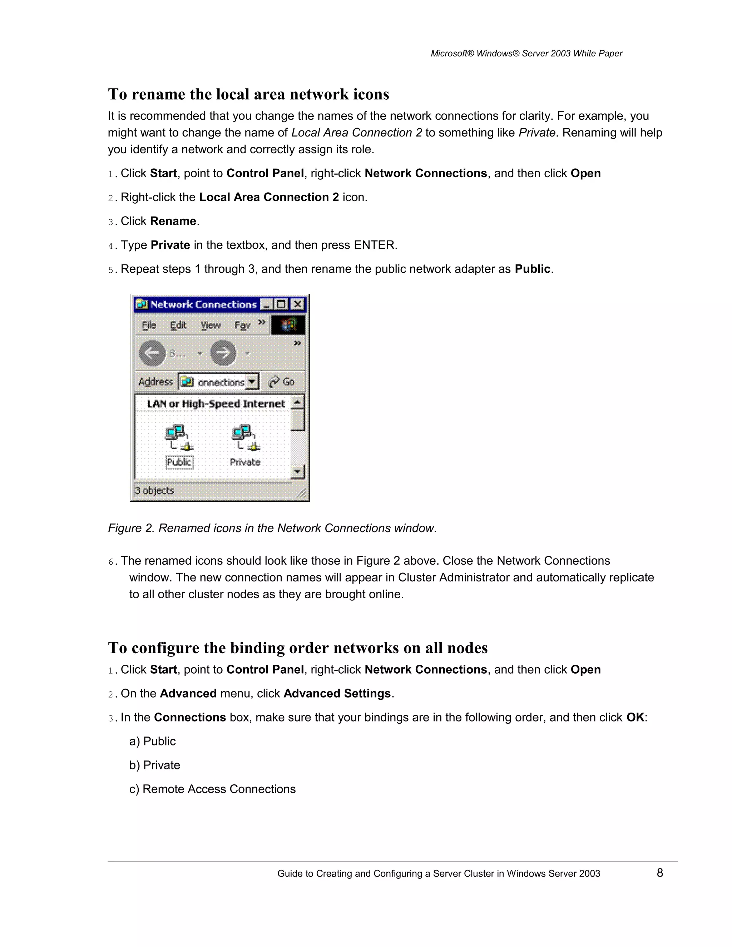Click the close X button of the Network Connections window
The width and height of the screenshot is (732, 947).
(x=297, y=304)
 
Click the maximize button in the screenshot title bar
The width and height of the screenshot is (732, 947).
(x=281, y=304)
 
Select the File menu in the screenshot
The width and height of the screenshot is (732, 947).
(x=149, y=325)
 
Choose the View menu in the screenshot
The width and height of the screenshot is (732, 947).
(x=210, y=325)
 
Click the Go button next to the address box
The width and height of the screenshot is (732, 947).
(x=282, y=382)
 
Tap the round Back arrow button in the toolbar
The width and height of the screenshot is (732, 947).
(x=152, y=353)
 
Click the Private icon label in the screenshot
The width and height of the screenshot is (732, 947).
(x=245, y=462)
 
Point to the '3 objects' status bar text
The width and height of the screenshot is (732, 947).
(x=154, y=490)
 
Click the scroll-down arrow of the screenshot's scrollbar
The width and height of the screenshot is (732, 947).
(x=297, y=471)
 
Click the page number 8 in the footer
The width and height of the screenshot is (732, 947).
(x=659, y=873)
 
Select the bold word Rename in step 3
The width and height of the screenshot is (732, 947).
(x=173, y=221)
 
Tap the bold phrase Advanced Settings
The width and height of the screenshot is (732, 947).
(x=337, y=693)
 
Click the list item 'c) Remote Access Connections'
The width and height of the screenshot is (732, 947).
(x=213, y=789)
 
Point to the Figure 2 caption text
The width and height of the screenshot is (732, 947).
(x=272, y=528)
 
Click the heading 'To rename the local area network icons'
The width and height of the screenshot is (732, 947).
(x=248, y=94)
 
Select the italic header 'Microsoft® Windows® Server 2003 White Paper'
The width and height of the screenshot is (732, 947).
(x=526, y=53)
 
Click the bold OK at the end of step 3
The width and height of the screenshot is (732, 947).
(x=635, y=717)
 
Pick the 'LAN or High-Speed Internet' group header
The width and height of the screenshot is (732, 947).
(x=216, y=404)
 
